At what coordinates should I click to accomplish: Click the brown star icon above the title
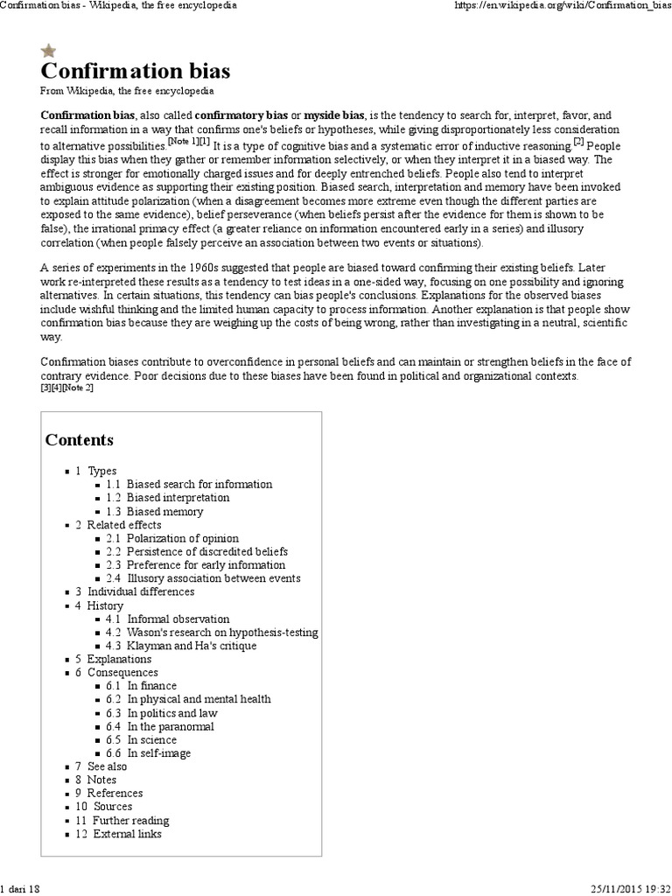pos(49,51)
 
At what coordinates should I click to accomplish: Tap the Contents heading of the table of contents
pos(79,439)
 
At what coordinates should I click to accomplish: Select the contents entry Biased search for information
pos(199,484)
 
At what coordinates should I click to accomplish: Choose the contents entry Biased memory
pos(164,511)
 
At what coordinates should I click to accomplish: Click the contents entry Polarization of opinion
pos(182,538)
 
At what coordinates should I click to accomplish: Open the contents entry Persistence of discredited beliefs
pos(206,552)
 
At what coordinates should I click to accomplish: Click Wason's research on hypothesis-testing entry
pos(222,632)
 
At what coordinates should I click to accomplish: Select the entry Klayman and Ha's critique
pos(192,646)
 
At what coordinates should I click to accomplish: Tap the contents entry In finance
pos(151,686)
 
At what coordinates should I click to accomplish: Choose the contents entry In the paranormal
pos(170,726)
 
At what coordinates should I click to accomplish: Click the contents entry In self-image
pos(158,753)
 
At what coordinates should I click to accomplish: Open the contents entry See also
pos(107,766)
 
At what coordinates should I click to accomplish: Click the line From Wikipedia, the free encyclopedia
pos(126,91)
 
